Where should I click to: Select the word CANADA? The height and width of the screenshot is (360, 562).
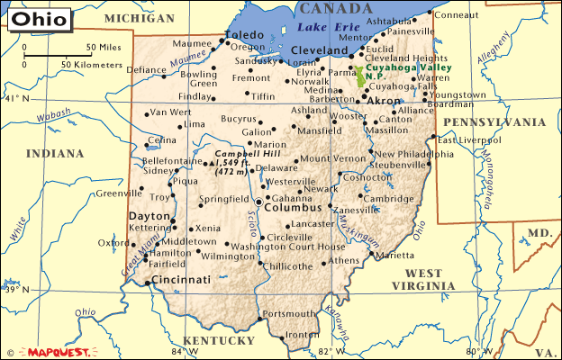tap(334, 8)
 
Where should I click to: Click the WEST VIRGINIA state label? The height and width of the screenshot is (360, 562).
tap(430, 278)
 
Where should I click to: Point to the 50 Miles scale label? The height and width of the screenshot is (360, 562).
tap(104, 47)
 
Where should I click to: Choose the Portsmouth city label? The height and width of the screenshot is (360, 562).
tap(291, 313)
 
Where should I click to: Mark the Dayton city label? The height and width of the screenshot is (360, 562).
tap(149, 217)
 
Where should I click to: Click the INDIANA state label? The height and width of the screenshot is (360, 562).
tap(54, 154)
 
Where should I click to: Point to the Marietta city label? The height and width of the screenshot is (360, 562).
tap(396, 256)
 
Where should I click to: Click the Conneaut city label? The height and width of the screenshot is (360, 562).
tap(458, 15)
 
